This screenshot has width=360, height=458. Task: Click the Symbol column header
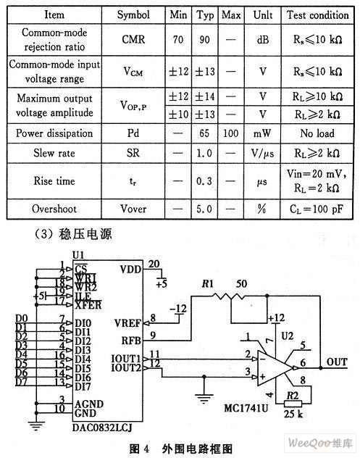pyautogui.click(x=133, y=14)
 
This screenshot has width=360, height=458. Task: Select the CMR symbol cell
pyautogui.click(x=133, y=39)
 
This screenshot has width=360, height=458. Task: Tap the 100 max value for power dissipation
pyautogui.click(x=230, y=133)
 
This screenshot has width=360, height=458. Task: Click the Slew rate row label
pyautogui.click(x=54, y=153)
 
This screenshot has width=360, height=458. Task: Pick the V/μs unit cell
pyautogui.click(x=262, y=153)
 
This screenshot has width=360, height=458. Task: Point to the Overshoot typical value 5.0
pyautogui.click(x=204, y=209)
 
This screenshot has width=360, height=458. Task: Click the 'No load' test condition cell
pyautogui.click(x=317, y=133)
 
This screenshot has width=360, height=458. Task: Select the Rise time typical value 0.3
pyautogui.click(x=204, y=181)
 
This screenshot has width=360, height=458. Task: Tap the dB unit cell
pyautogui.click(x=263, y=39)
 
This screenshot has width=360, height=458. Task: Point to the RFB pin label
pyautogui.click(x=131, y=341)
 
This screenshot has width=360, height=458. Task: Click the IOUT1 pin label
pyautogui.click(x=126, y=359)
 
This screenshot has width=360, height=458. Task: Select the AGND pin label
pyautogui.click(x=89, y=404)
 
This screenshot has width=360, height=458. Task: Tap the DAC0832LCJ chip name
pyautogui.click(x=102, y=428)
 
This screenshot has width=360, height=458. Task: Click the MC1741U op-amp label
pyautogui.click(x=246, y=408)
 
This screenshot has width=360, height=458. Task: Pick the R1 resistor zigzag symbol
pyautogui.click(x=228, y=296)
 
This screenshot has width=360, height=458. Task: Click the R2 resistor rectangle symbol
pyautogui.click(x=293, y=404)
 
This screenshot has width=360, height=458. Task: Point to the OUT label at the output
pyautogui.click(x=337, y=362)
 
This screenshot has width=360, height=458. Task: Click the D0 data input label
pyautogui.click(x=21, y=318)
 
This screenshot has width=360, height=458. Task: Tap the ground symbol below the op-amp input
pyautogui.click(x=204, y=398)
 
